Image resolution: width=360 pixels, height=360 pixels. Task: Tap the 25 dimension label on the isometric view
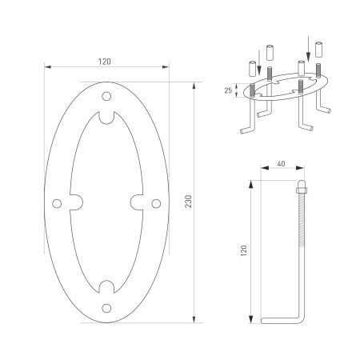(228, 91)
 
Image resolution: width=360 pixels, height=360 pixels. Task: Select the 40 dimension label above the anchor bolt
(281, 164)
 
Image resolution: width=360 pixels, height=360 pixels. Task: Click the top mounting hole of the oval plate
(106, 97)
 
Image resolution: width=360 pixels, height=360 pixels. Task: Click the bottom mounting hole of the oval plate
(106, 306)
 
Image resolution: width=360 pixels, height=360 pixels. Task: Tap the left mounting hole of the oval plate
(57, 202)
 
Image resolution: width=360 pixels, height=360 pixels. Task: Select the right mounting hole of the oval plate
(155, 202)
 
